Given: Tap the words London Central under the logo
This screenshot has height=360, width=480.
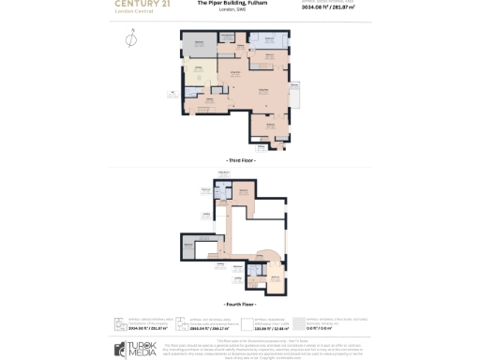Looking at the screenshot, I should pos(133,12).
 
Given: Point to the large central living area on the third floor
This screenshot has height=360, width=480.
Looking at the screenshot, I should pos(262,94).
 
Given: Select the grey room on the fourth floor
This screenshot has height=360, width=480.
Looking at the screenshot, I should pos(192,248).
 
